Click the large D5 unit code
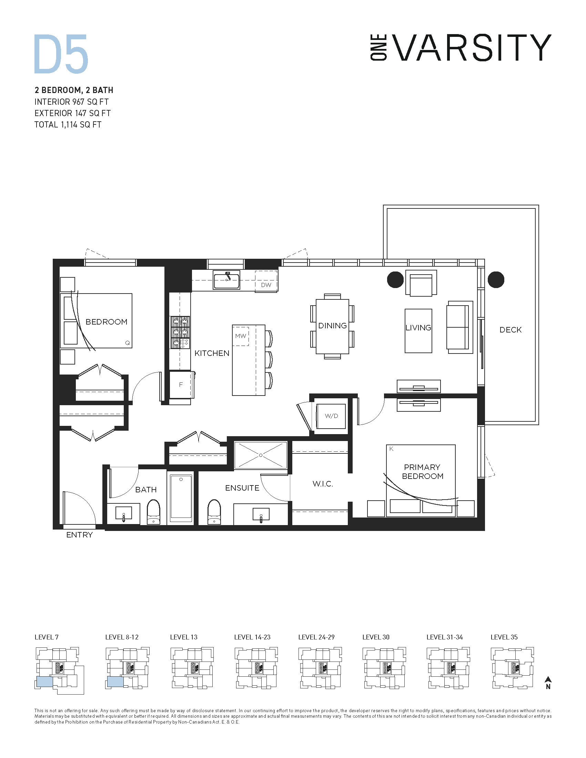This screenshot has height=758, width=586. [x=61, y=54]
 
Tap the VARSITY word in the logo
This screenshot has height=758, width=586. [x=473, y=48]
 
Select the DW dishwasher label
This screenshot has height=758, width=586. [x=266, y=285]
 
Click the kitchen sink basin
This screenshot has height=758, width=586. [x=226, y=281]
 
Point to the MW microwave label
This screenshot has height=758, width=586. [x=241, y=336]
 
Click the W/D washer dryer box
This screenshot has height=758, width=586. [x=331, y=416]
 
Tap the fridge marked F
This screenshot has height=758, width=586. [x=181, y=385]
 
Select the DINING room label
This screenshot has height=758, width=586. [x=332, y=326]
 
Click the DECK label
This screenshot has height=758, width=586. [x=510, y=330]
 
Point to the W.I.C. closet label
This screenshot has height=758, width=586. [x=323, y=484]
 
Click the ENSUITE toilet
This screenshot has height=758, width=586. [x=214, y=512]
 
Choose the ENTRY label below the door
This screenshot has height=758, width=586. [x=80, y=535]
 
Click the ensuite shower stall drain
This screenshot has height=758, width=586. [x=261, y=455]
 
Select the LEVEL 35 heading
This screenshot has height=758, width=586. [x=504, y=637]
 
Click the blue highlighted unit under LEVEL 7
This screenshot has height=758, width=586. [x=44, y=682]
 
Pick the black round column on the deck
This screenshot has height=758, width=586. [x=496, y=280]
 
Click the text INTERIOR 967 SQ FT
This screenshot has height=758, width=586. [x=71, y=102]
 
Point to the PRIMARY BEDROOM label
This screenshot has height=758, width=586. [x=423, y=472]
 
